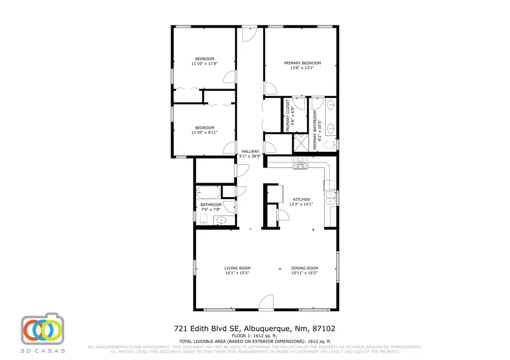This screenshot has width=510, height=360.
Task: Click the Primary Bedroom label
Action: click(x=302, y=63)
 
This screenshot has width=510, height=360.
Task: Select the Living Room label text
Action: click(x=237, y=268)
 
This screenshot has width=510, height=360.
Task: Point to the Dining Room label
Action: click(x=304, y=268)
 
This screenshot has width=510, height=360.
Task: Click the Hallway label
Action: click(x=250, y=151)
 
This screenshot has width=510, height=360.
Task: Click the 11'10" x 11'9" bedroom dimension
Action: click(x=205, y=64)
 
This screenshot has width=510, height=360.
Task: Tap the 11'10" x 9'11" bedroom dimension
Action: click(x=205, y=132)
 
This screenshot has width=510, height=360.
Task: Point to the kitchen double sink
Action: click(x=331, y=198)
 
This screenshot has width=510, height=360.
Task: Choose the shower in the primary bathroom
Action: click(x=301, y=142)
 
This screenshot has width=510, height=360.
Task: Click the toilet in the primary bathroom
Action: click(x=329, y=144)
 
